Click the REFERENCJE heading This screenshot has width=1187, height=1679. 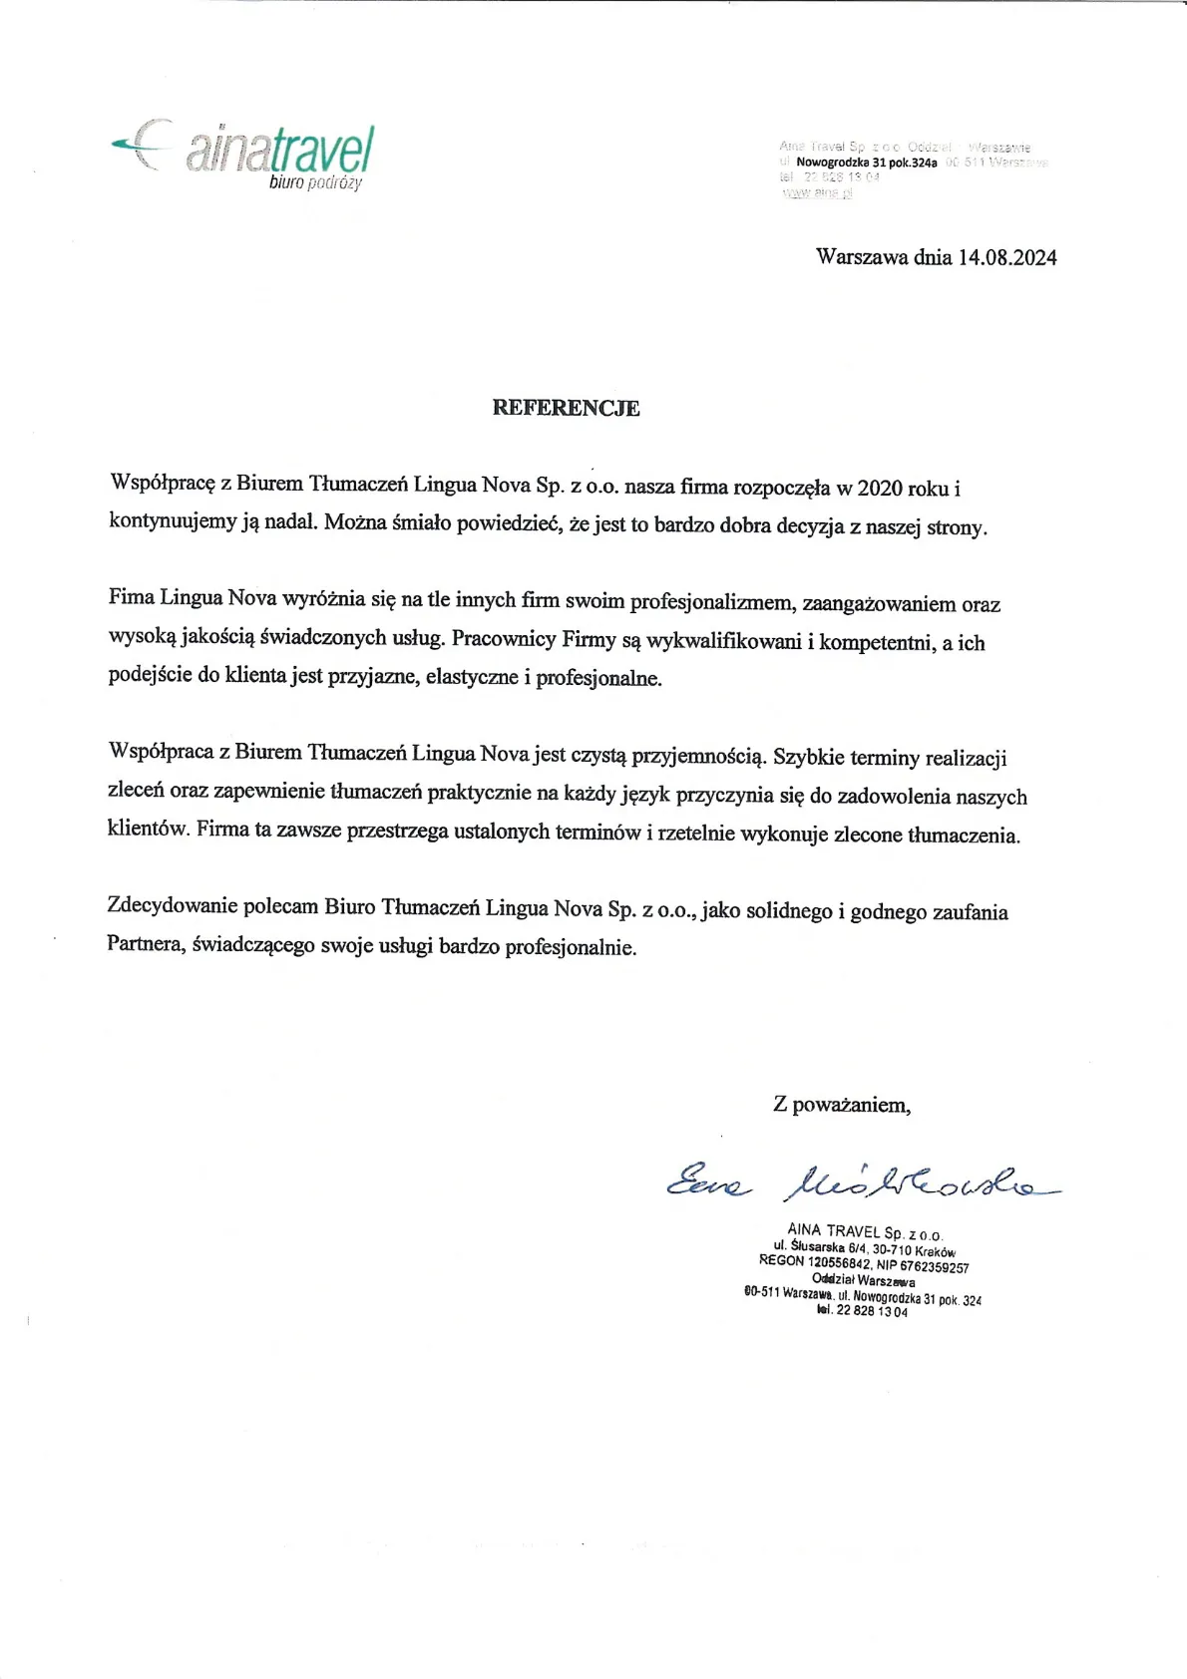pyautogui.click(x=566, y=408)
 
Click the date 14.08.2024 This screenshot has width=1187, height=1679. pyautogui.click(x=1006, y=257)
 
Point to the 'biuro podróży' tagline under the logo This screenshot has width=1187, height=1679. pyautogui.click(x=315, y=183)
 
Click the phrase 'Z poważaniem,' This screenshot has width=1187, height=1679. pyautogui.click(x=841, y=1105)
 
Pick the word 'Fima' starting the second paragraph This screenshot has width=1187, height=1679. pyautogui.click(x=132, y=598)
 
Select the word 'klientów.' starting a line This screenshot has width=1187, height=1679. pyautogui.click(x=148, y=829)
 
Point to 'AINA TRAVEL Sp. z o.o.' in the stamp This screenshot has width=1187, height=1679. pyautogui.click(x=864, y=1232)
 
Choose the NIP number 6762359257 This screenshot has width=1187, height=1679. pyautogui.click(x=934, y=1267)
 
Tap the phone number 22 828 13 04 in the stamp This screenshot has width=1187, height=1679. pyautogui.click(x=872, y=1311)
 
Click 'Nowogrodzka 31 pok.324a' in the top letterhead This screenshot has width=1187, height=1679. pyautogui.click(x=866, y=163)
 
